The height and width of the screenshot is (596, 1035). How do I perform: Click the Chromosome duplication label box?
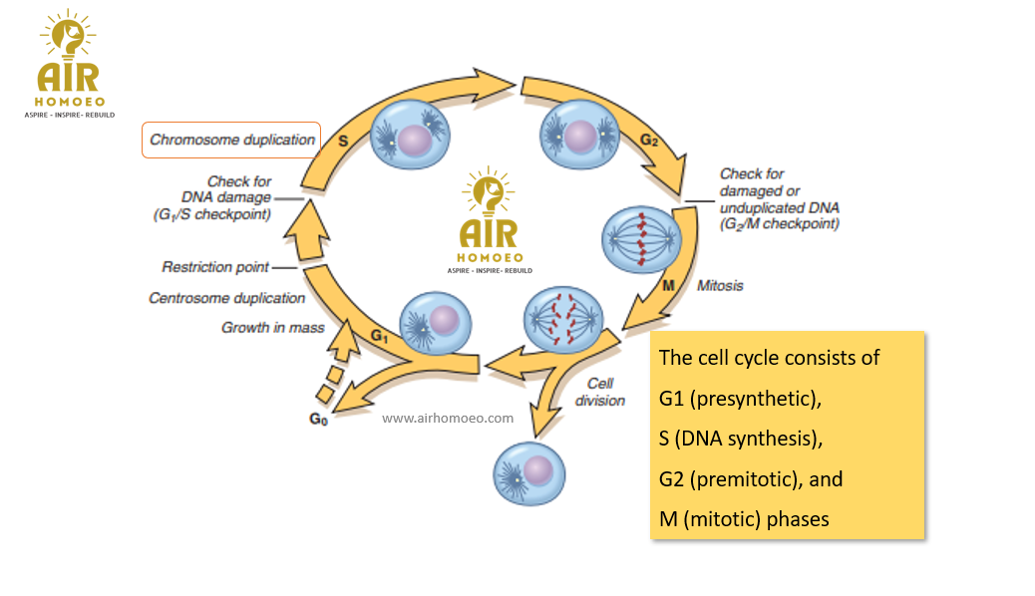pos(231,140)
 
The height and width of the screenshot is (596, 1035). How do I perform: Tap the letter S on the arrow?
pos(343,141)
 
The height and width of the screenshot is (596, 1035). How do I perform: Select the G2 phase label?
pos(649,141)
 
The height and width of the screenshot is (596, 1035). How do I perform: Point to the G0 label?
pos(318,420)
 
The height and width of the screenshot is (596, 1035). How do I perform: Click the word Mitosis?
pos(720,286)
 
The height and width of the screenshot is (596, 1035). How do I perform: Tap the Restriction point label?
pos(215,267)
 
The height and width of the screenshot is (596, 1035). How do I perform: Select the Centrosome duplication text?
pos(227,298)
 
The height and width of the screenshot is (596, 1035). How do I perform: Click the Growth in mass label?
pos(273,327)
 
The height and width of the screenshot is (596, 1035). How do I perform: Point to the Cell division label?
pos(600,392)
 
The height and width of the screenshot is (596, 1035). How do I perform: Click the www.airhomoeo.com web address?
pos(448,419)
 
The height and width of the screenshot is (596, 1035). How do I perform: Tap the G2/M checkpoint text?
pos(780,224)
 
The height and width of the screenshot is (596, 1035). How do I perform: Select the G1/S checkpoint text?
pos(212,214)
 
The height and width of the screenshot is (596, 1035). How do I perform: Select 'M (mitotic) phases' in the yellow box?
pos(744,519)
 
